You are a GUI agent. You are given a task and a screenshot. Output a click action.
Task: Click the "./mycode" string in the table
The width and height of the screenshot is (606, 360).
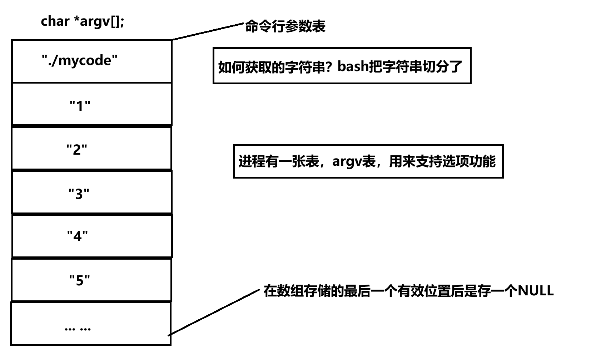[x=80, y=60]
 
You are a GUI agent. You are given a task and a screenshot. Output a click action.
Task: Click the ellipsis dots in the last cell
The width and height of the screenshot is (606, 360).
[x=78, y=328]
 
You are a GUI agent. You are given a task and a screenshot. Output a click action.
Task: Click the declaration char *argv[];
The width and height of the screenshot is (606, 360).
[x=83, y=21]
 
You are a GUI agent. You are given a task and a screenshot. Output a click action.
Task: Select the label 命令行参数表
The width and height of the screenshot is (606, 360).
[x=285, y=27]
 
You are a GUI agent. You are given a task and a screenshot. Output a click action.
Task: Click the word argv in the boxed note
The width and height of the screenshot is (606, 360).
[x=347, y=161]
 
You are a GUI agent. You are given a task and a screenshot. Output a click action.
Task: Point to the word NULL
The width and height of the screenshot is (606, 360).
[x=536, y=291]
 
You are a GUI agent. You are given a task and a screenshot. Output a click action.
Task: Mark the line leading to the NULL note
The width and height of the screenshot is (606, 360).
[x=214, y=312]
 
